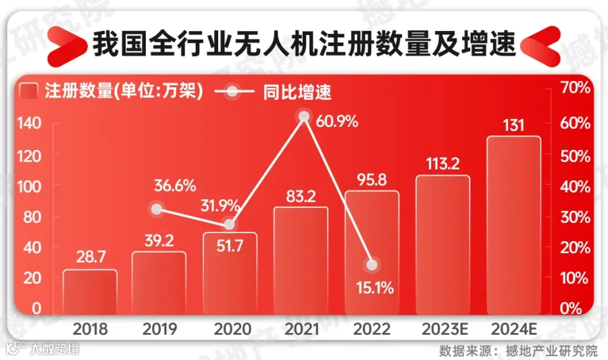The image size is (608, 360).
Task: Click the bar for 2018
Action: pos(90,292)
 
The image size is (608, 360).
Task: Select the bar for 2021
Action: pos(301,260)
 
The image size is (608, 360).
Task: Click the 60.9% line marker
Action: pos(304,117)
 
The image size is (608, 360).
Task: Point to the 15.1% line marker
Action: pos(371,265)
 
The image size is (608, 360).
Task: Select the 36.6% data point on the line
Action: pos(157,209)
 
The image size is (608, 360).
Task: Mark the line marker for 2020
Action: pos(230,224)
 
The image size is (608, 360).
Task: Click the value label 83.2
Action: pos(301,196)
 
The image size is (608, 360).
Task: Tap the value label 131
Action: pos(513,126)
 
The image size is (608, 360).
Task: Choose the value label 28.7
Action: pos(90,259)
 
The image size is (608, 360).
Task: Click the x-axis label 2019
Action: pos(160,330)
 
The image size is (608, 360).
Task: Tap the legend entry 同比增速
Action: pos(297,91)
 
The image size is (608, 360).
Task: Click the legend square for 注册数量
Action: pos(29,91)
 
